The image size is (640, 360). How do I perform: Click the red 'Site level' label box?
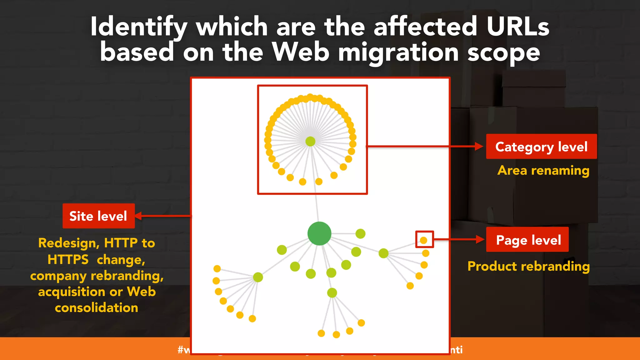tap(98, 216)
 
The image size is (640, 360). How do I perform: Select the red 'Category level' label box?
tap(541, 147)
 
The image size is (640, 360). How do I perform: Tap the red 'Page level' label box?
tap(527, 240)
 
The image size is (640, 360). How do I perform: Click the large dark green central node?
tap(319, 233)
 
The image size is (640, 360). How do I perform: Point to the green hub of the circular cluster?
tap(310, 141)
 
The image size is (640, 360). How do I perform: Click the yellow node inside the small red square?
tap(423, 240)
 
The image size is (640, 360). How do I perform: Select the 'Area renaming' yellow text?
tap(543, 171)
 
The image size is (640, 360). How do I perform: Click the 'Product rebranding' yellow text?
tap(528, 266)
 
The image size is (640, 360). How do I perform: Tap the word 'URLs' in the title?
tap(517, 27)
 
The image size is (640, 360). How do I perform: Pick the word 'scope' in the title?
tap(503, 52)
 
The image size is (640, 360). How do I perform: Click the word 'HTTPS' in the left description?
tap(68, 259)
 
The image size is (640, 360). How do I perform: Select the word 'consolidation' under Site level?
tap(97, 308)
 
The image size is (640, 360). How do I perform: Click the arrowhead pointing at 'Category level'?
tap(479, 146)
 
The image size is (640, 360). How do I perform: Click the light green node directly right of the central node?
tap(360, 233)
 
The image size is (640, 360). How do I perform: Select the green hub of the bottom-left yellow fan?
tap(258, 277)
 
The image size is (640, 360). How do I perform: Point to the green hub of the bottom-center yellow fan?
tap(332, 293)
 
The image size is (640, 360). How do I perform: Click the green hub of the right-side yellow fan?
tap(383, 253)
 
